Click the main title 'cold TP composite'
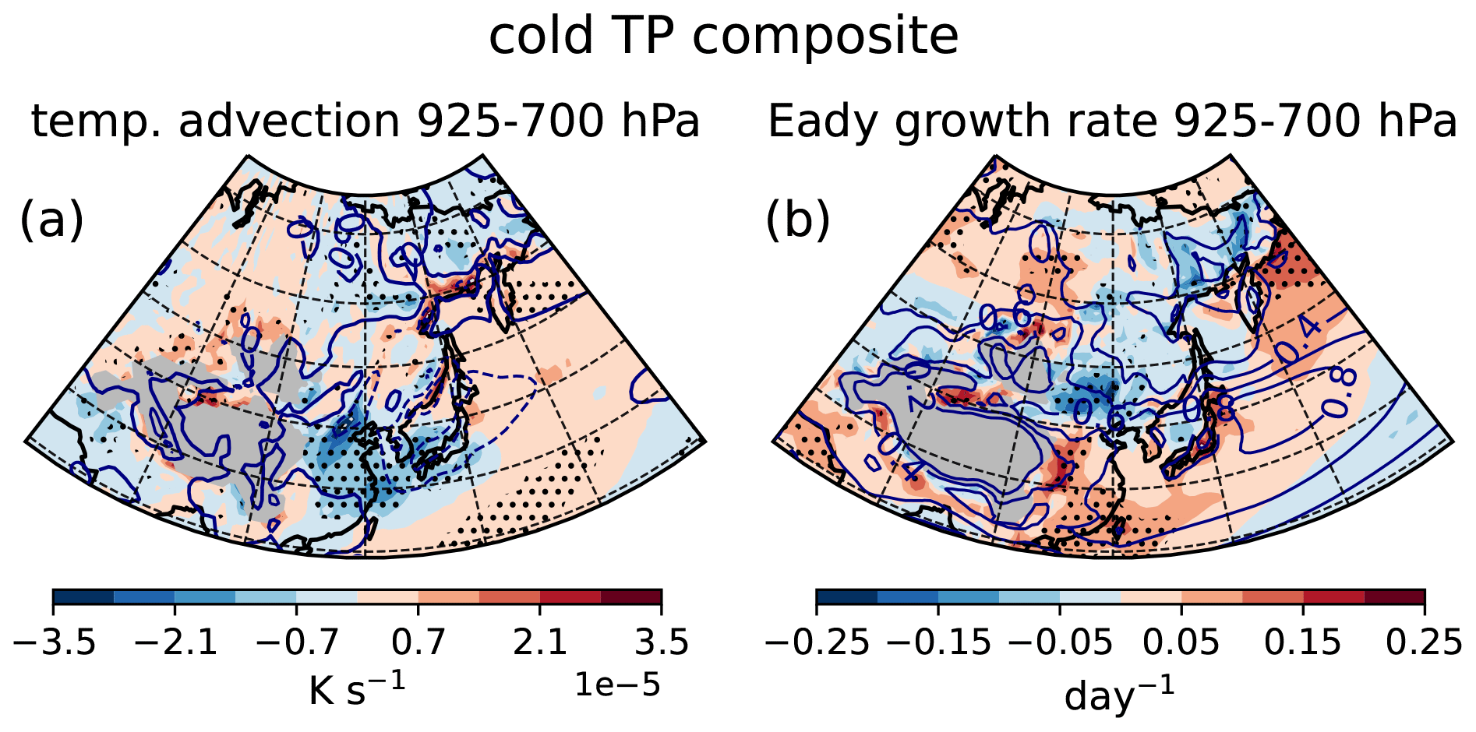tap(723, 36)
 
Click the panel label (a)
tap(51, 220)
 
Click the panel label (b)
tap(798, 220)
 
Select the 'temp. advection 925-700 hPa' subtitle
tap(365, 121)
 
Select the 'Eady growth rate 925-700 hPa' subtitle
tap(1112, 121)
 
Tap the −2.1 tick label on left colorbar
tap(175, 643)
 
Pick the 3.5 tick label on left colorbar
tap(662, 643)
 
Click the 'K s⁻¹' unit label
tap(357, 688)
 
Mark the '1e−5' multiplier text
tap(617, 685)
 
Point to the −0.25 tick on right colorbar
tap(817, 643)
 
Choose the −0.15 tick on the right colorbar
tap(939, 643)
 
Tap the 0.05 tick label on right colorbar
tap(1181, 643)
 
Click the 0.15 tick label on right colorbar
tap(1303, 643)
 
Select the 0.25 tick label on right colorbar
tap(1425, 643)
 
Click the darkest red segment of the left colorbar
tap(631, 597)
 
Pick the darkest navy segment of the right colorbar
tap(847, 597)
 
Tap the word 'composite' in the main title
tap(828, 36)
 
